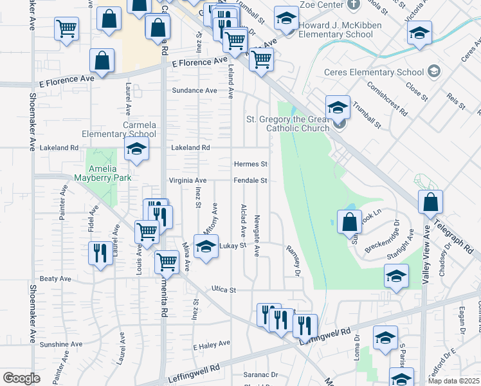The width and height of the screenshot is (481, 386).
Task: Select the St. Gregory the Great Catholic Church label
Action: (x=287, y=124)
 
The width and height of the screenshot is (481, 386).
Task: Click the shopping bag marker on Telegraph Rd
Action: (x=430, y=202)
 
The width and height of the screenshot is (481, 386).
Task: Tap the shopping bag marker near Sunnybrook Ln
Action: (x=349, y=222)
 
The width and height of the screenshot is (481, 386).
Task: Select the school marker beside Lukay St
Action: (x=206, y=248)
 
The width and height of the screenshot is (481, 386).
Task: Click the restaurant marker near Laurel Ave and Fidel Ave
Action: (x=99, y=253)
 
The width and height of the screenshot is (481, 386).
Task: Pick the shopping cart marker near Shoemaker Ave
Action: (x=66, y=29)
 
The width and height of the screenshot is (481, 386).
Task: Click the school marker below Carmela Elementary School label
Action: (x=136, y=150)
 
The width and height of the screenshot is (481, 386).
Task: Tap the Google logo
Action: (x=21, y=378)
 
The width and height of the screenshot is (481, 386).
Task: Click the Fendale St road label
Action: (x=250, y=181)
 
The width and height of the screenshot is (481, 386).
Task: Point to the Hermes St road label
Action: (x=250, y=165)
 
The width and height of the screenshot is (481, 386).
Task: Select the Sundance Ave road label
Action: (x=194, y=91)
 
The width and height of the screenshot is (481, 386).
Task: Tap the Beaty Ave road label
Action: (x=55, y=279)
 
